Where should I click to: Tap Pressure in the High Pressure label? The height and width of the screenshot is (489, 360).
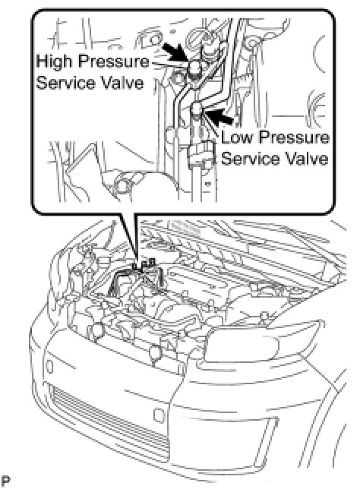pos(114,61)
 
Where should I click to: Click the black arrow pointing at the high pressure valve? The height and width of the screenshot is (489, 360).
pos(176,52)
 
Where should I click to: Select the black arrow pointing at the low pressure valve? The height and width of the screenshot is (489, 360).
pos(221,115)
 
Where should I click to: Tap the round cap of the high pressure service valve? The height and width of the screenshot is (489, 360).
pos(195,68)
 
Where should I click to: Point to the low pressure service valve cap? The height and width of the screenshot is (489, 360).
pos(197,109)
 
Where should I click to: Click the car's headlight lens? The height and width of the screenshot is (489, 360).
pos(242,345)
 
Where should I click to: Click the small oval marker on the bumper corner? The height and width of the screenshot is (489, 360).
pos(49,366)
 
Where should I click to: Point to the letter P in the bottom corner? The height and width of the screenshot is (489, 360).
pos(6,481)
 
